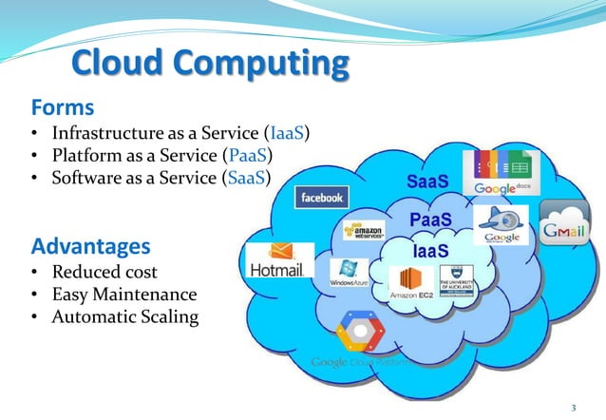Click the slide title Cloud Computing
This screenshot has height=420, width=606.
click(210, 65)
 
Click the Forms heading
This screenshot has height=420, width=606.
click(64, 104)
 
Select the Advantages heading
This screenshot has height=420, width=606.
click(91, 247)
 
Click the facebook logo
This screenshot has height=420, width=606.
click(322, 198)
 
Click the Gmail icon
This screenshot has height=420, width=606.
click(564, 226)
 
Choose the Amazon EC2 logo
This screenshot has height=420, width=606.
click(411, 283)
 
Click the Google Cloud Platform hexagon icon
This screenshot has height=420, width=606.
click(359, 332)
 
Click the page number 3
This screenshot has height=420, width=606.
click(573, 408)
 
